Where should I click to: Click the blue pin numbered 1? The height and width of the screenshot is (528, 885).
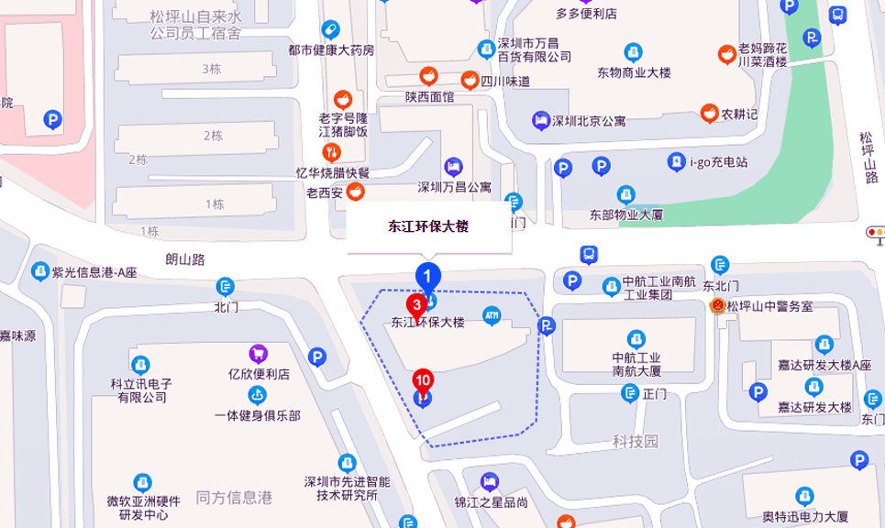(428, 275)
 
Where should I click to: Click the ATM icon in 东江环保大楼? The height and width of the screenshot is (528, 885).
(492, 314)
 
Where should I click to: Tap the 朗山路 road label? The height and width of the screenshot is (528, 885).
(184, 259)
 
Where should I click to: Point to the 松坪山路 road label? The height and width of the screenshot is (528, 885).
(868, 157)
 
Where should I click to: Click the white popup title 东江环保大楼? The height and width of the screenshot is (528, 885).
(428, 226)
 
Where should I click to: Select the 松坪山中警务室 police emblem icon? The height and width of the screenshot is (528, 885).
(718, 306)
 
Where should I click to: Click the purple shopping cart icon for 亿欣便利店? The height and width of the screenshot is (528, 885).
(259, 354)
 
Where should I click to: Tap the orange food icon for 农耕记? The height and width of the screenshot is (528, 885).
(709, 114)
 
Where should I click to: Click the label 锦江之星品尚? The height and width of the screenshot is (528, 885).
(492, 501)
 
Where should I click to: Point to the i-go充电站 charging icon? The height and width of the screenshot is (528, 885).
(676, 162)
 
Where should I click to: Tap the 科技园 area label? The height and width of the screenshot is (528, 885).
(636, 441)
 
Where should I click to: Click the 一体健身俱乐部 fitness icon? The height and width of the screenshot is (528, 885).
(257, 394)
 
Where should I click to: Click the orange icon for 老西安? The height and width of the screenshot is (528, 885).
(355, 192)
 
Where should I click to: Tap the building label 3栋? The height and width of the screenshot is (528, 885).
(212, 69)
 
